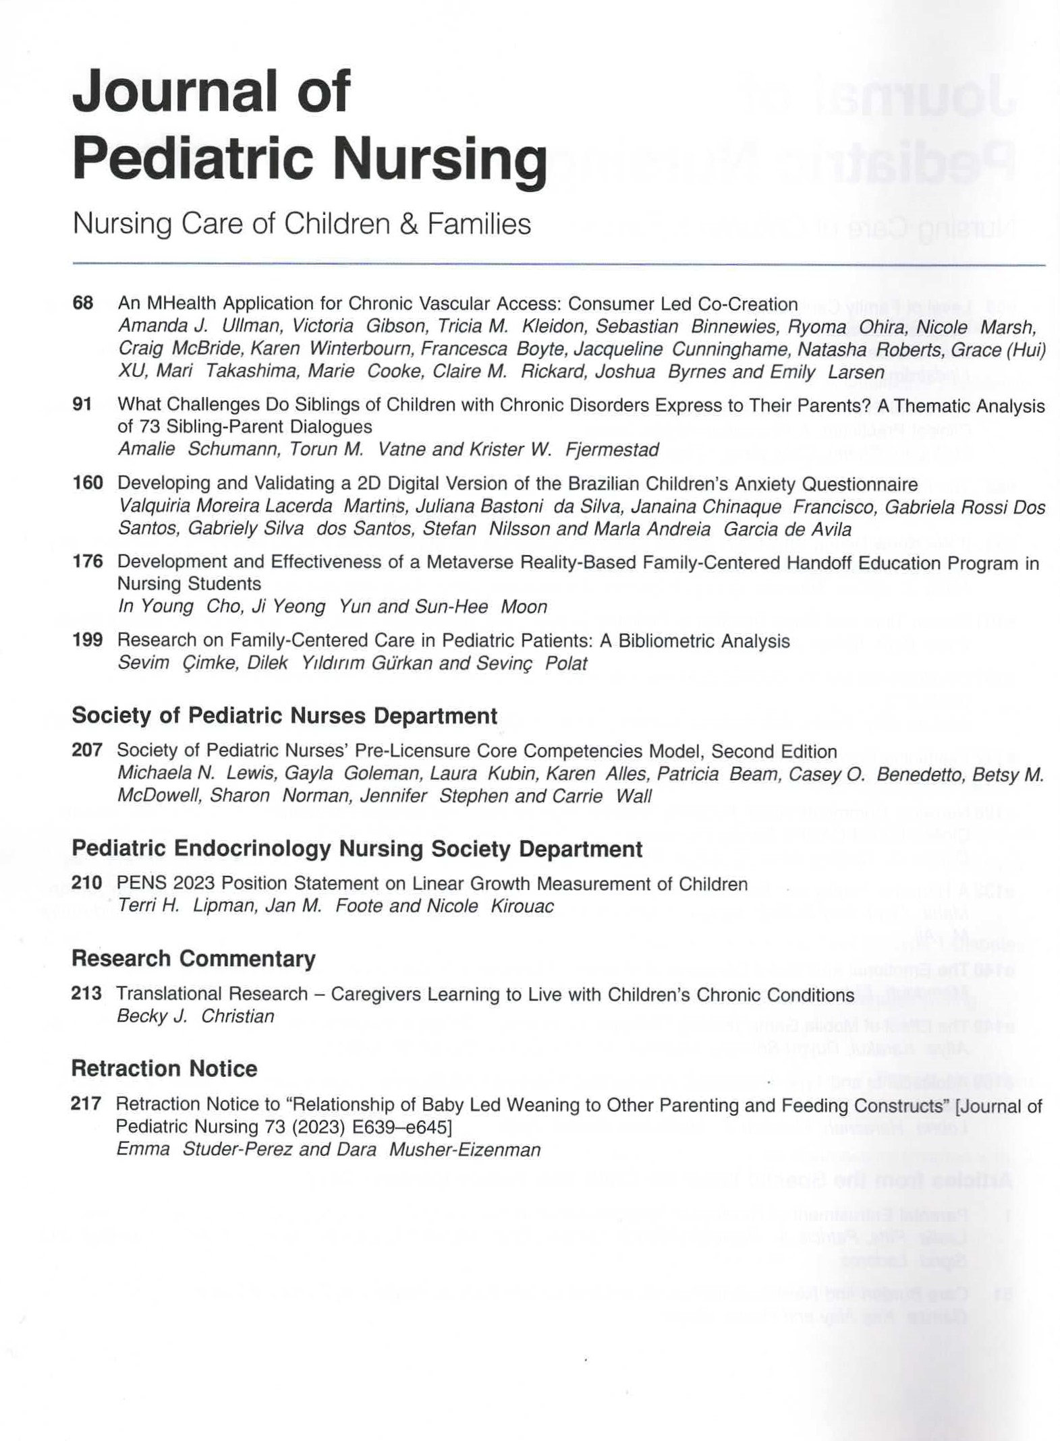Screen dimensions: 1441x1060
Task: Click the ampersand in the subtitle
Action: pyautogui.click(x=409, y=225)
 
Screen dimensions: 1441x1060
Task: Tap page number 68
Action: pyautogui.click(x=82, y=303)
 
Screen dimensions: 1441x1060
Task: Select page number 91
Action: pyautogui.click(x=82, y=405)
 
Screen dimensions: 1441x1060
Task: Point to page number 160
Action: pyautogui.click(x=88, y=483)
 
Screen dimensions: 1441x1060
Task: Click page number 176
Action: pyautogui.click(x=88, y=562)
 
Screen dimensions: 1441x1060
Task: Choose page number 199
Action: pyautogui.click(x=88, y=640)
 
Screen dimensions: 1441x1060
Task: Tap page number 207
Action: pyautogui.click(x=87, y=751)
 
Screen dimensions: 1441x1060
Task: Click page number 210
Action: pyautogui.click(x=87, y=883)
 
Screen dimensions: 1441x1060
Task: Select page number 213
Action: pyautogui.click(x=86, y=993)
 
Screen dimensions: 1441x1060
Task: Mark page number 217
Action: pyautogui.click(x=86, y=1104)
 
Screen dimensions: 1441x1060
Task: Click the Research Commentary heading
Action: pyautogui.click(x=194, y=959)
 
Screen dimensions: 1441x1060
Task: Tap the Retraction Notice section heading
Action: pyautogui.click(x=164, y=1069)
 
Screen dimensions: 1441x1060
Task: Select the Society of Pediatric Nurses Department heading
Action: pyautogui.click(x=284, y=715)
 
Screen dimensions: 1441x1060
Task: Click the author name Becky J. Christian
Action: pyautogui.click(x=196, y=1016)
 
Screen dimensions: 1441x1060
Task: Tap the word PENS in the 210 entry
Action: pyautogui.click(x=137, y=883)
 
